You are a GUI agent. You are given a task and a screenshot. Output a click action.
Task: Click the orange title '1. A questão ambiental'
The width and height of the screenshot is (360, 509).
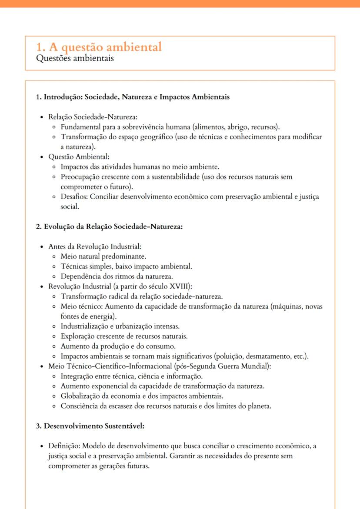point(99,47)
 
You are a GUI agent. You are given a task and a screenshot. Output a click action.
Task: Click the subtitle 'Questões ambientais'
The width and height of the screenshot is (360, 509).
point(75,58)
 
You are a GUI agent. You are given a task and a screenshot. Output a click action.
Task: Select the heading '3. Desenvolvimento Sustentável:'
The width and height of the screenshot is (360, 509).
point(90,426)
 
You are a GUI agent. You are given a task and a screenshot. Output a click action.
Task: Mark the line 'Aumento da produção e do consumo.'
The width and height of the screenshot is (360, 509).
point(118,346)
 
